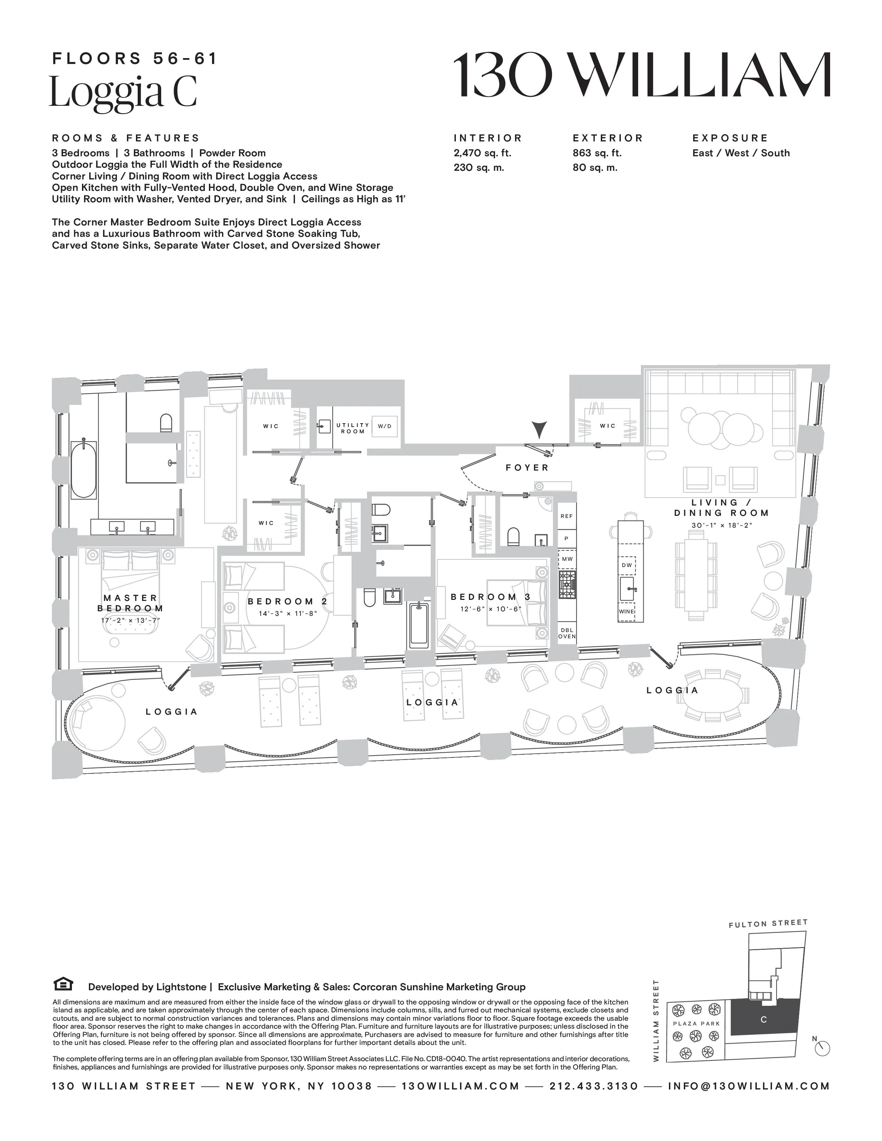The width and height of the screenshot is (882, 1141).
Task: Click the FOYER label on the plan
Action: tap(527, 467)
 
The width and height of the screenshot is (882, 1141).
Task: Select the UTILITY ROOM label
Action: tap(353, 428)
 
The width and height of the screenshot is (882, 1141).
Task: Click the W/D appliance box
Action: tap(385, 426)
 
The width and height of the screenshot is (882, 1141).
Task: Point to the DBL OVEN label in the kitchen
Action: tap(567, 633)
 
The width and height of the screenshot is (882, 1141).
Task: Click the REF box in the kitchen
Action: tap(567, 516)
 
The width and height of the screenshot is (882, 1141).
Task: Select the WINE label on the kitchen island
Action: tap(626, 611)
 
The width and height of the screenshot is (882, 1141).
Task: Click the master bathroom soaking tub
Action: tap(84, 470)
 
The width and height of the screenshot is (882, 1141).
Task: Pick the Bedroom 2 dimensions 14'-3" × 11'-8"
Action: tap(288, 613)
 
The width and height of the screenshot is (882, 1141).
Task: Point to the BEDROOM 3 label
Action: tap(491, 597)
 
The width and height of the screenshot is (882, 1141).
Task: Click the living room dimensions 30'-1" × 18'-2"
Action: tap(722, 525)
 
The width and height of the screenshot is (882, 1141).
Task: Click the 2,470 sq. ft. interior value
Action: tap(482, 153)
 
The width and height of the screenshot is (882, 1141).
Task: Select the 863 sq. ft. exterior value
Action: tap(597, 153)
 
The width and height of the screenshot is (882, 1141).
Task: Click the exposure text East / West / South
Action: tap(741, 153)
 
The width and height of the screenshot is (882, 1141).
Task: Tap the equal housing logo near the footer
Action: tap(63, 984)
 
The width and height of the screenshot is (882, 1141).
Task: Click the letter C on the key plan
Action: tap(763, 1019)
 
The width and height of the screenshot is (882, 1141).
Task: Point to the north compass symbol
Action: tap(823, 1049)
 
